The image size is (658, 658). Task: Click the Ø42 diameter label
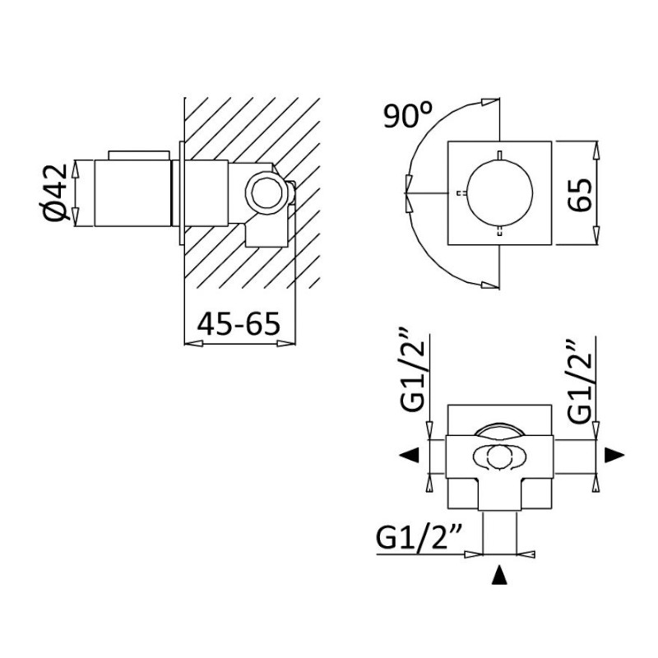(56, 192)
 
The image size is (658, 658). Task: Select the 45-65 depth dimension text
(239, 324)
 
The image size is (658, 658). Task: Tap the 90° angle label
(407, 115)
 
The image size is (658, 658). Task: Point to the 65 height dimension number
(580, 195)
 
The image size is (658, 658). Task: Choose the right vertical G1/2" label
(580, 380)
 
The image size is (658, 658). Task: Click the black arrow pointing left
(409, 455)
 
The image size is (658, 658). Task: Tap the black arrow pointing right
(614, 455)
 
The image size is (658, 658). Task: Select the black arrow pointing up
(499, 575)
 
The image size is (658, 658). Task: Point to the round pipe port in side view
(266, 194)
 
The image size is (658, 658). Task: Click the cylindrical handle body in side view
(133, 193)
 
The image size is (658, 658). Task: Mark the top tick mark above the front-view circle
(499, 155)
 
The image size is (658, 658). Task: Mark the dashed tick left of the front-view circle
(461, 193)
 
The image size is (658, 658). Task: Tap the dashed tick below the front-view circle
(499, 231)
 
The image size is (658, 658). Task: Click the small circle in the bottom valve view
(499, 456)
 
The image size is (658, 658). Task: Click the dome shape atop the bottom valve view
(499, 429)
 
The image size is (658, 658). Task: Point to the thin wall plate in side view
(181, 193)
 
